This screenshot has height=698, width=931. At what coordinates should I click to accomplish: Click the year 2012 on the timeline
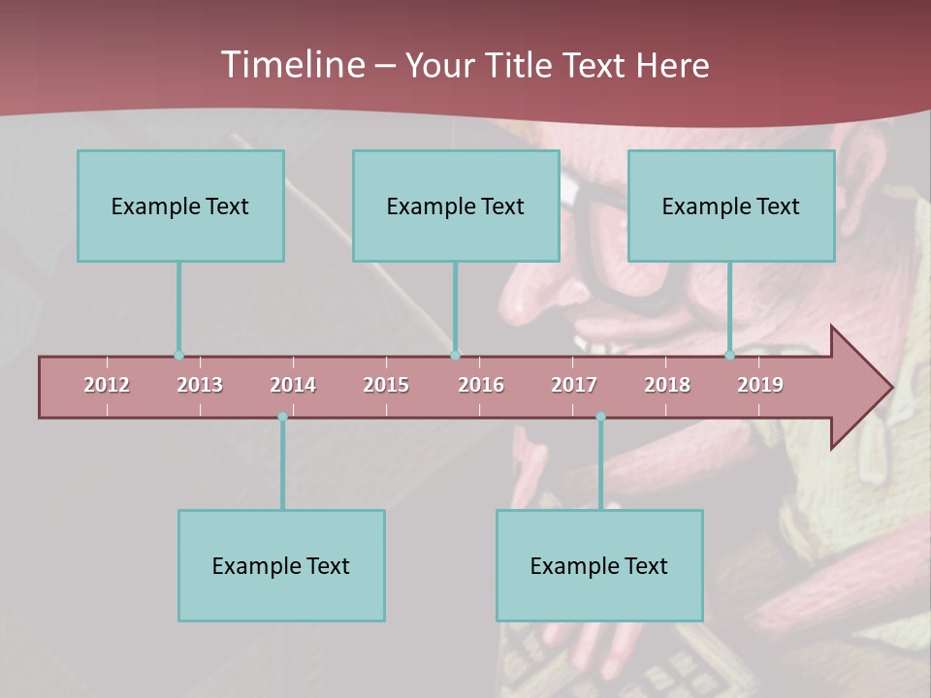point(107,385)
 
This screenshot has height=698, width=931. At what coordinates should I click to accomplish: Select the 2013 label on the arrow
point(200,385)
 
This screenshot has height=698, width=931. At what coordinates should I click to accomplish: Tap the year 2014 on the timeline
point(293,385)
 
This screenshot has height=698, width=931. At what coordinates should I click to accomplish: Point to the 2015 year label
point(386,385)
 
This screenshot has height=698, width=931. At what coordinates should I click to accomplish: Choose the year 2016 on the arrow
point(481,385)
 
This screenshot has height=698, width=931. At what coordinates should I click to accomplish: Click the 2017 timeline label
point(574,385)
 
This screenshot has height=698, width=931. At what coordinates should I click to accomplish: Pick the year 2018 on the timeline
point(667,385)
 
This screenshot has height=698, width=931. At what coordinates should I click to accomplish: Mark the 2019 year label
point(760,385)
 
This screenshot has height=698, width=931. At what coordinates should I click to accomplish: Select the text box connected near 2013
point(180,206)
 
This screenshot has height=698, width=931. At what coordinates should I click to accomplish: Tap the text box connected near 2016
point(456,206)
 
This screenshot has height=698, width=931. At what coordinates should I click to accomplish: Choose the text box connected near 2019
point(731,206)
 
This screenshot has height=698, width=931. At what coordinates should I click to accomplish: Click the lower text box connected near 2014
point(281,565)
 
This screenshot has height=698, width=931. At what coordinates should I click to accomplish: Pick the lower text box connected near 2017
point(599,565)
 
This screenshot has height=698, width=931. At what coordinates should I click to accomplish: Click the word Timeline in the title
point(291,65)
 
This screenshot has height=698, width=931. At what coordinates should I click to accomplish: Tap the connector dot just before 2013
point(178,356)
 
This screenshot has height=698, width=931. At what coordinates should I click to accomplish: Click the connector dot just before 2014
point(282,417)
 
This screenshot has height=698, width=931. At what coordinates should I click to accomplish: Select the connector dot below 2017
point(600,417)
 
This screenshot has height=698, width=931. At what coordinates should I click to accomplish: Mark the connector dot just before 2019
point(729,356)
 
